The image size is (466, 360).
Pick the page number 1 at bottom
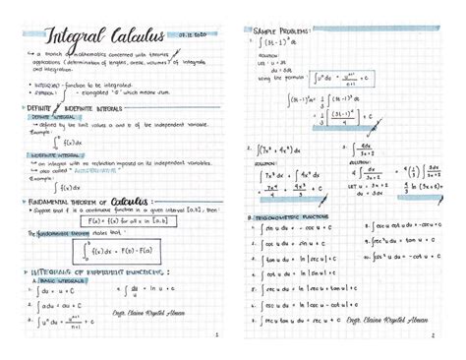point(215,335)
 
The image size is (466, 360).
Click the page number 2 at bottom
point(432,335)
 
